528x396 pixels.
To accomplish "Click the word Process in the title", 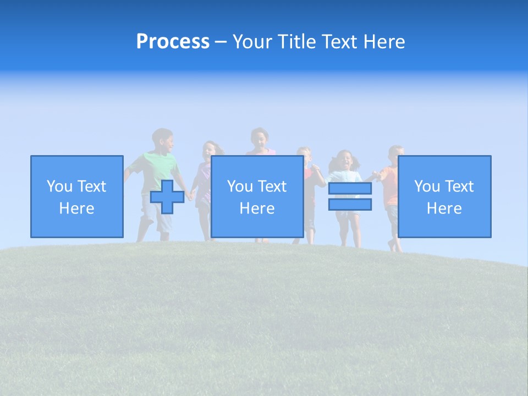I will point(173,42).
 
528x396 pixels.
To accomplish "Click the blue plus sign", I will point(167,197).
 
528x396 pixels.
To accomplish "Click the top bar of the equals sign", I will point(350,189).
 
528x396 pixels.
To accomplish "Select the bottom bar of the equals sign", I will point(350,204).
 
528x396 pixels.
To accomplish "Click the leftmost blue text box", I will point(76,196).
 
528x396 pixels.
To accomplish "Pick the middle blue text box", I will point(257,196).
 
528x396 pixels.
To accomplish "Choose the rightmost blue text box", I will point(444,196).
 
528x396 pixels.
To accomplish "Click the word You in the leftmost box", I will point(59,186).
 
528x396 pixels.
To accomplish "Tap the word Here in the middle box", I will point(257,208).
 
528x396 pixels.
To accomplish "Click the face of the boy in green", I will point(164,142).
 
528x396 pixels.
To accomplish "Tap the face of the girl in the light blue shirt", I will point(344,161).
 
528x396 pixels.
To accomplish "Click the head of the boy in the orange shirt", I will point(396,155).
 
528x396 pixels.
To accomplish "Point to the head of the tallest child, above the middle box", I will point(259,139).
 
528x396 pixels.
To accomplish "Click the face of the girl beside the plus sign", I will point(210,152).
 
